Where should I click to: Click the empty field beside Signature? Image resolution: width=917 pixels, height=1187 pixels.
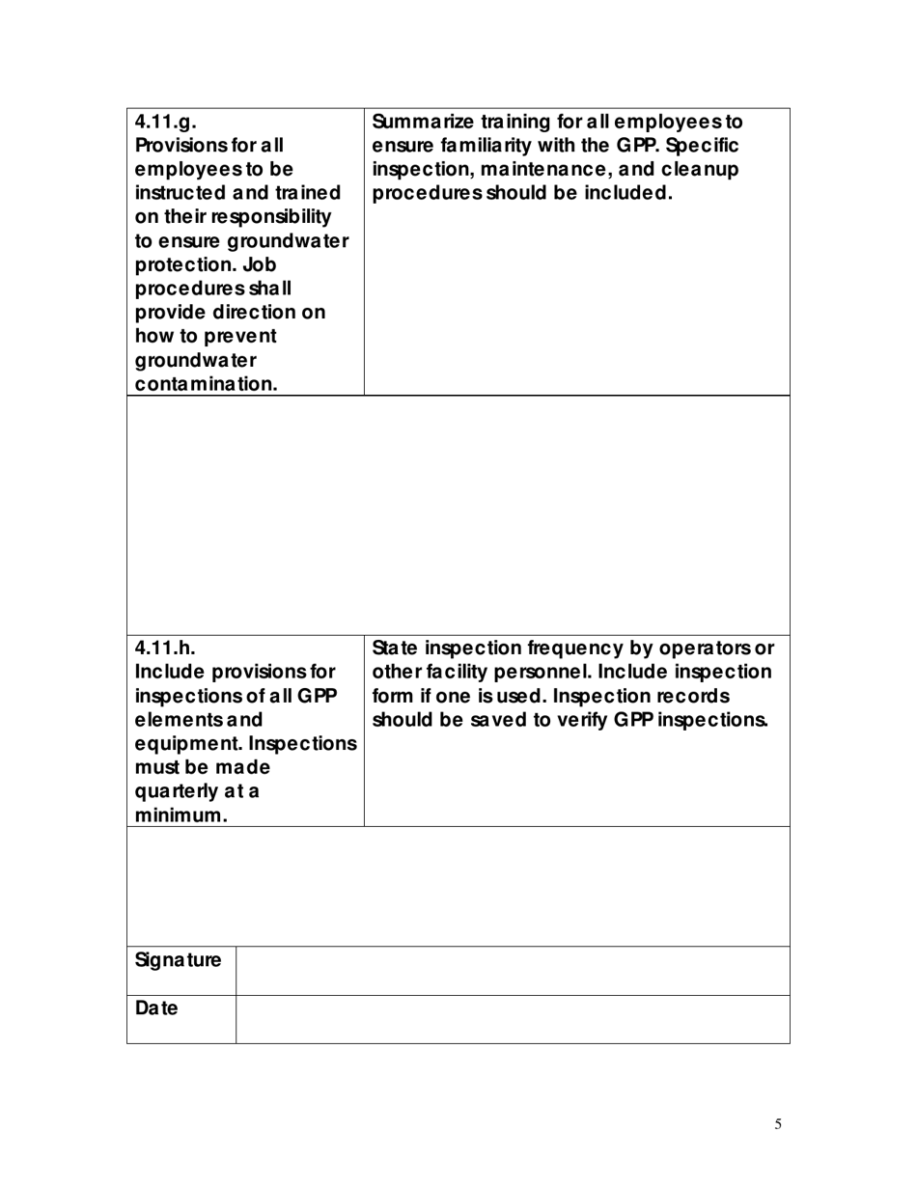pyautogui.click(x=512, y=970)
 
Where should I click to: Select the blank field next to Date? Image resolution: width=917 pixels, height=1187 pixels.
pyautogui.click(x=512, y=1019)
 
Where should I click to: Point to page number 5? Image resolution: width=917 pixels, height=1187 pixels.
pyautogui.click(x=778, y=1123)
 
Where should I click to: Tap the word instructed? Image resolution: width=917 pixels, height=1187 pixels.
pyautogui.click(x=181, y=193)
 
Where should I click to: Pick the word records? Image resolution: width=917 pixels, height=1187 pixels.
pyautogui.click(x=682, y=695)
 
